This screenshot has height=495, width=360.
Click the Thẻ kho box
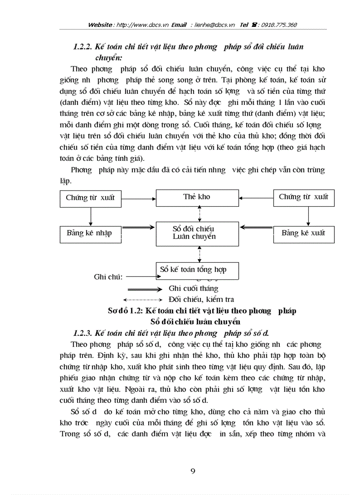(197, 197)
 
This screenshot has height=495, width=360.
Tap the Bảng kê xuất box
(304, 234)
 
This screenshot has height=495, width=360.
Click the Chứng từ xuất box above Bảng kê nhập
(90, 198)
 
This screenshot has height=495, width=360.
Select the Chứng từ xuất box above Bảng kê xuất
(304, 197)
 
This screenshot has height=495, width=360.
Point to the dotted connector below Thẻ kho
(200, 214)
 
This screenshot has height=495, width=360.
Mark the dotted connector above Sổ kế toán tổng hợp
(200, 254)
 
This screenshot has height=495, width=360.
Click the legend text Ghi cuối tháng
(193, 289)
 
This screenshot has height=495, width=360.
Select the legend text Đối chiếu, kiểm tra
(201, 300)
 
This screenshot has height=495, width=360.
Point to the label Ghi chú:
(108, 277)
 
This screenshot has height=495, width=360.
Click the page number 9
(192, 471)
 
